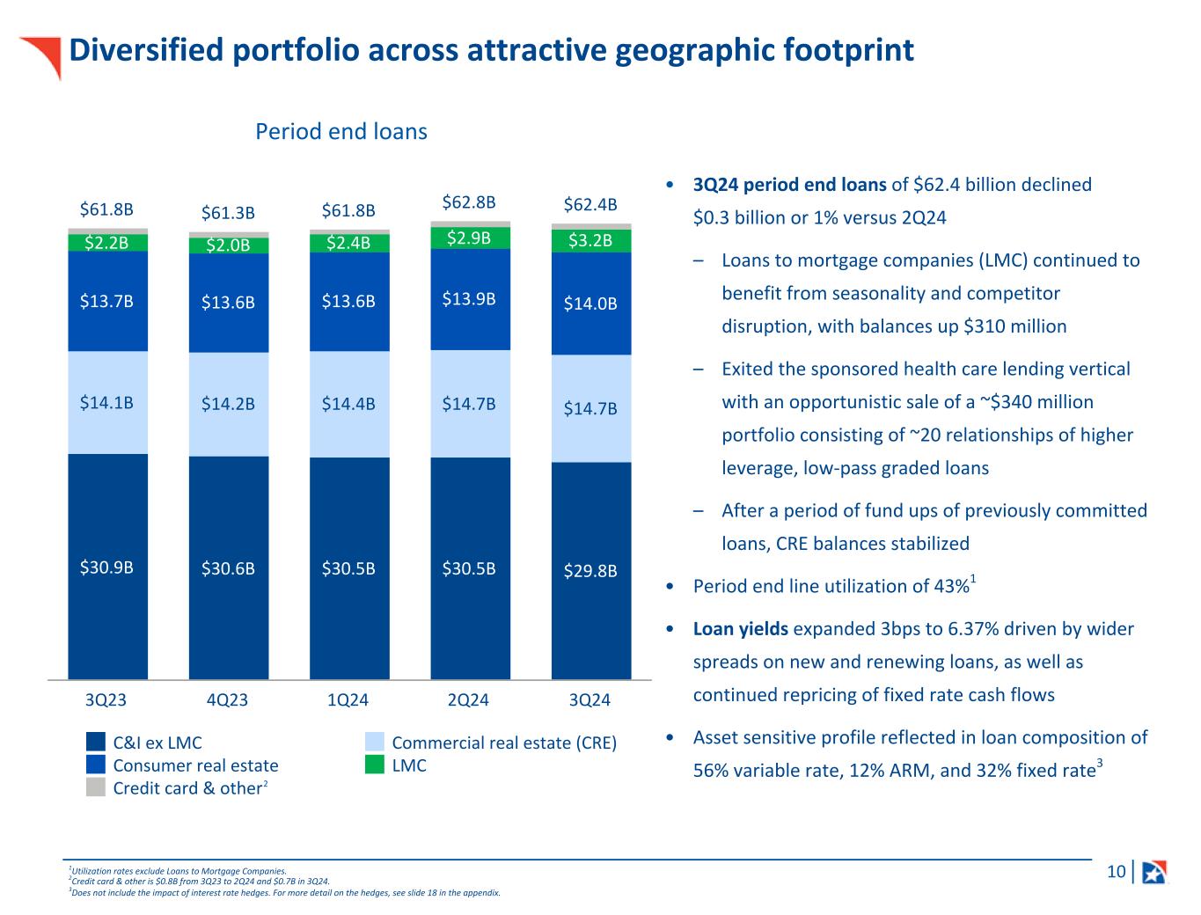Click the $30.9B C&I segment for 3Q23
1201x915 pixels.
(x=107, y=567)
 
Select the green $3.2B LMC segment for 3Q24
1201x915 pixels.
(x=590, y=240)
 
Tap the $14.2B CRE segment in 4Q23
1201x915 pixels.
(x=228, y=404)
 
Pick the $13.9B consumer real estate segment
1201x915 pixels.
(x=469, y=299)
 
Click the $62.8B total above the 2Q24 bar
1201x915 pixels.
(x=469, y=202)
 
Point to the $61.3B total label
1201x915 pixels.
(x=228, y=212)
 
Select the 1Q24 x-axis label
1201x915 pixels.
(x=348, y=700)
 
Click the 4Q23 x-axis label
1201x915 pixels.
(x=227, y=700)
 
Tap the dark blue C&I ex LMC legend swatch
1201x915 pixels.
(x=96, y=742)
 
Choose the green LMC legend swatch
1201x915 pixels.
(x=375, y=765)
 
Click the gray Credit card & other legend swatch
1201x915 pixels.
(x=96, y=787)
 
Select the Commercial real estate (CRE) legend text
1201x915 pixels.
(x=504, y=743)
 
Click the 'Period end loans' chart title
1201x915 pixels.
(x=341, y=132)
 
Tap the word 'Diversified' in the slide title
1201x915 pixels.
(x=143, y=50)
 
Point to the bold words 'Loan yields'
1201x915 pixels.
(x=737, y=629)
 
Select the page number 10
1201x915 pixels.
(x=1116, y=872)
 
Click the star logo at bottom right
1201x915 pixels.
(x=1153, y=872)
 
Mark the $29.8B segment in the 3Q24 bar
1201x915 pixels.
(x=590, y=570)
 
